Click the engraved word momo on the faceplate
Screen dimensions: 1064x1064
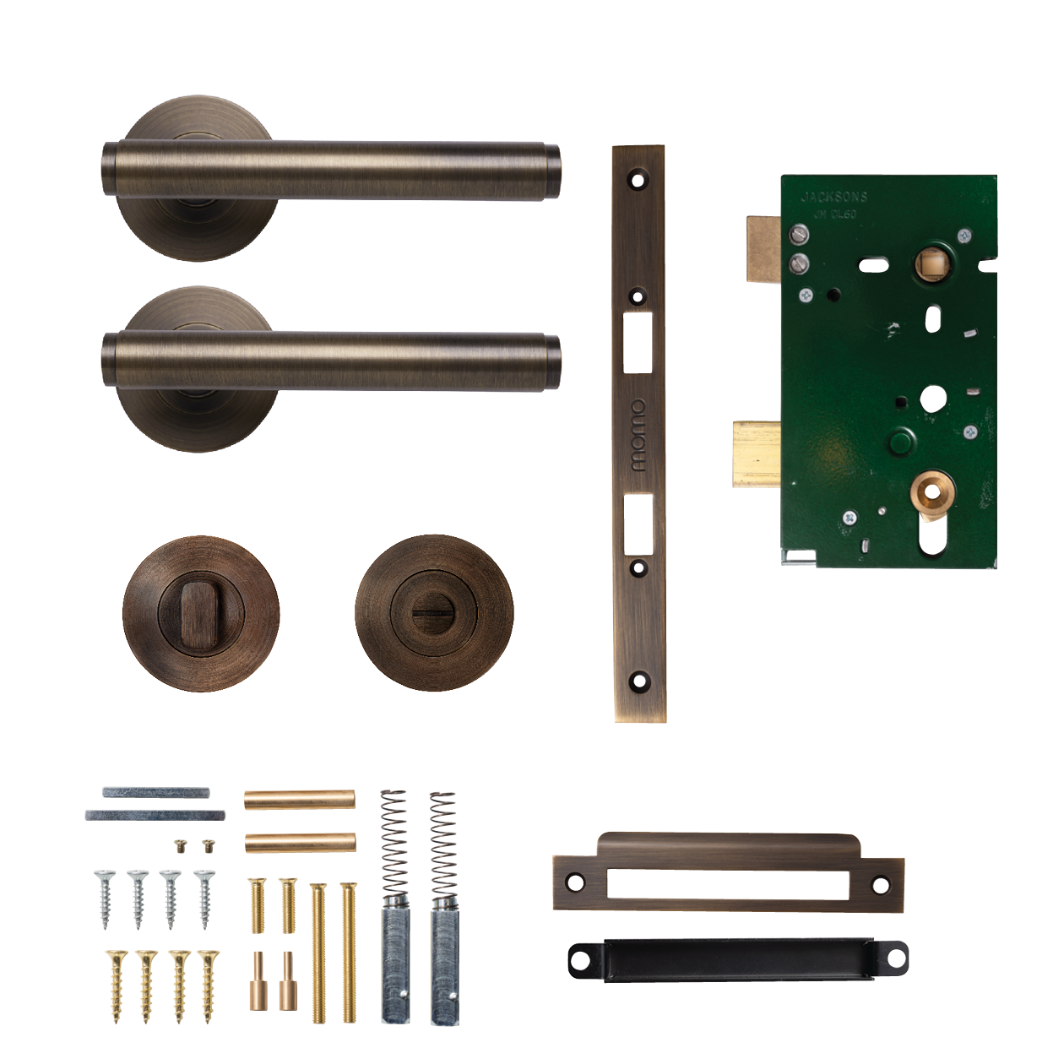click(638, 435)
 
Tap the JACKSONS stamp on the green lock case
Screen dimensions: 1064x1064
click(833, 197)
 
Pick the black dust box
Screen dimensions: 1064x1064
click(737, 961)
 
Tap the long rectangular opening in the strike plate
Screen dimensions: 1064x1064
click(727, 883)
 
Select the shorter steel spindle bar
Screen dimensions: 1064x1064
click(155, 792)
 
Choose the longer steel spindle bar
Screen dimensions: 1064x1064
click(155, 815)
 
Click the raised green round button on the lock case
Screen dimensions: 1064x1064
click(901, 441)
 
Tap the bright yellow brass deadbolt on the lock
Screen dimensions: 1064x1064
click(757, 455)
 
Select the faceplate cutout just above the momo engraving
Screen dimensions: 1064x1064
click(638, 342)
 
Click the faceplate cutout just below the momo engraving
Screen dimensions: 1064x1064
click(638, 524)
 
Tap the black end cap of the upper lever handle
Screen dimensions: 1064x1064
click(552, 172)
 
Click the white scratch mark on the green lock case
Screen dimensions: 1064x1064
click(890, 330)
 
